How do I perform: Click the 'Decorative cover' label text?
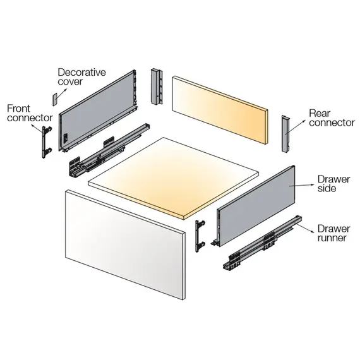point(81,77)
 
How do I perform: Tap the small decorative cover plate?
point(55,99)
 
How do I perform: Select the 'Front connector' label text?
point(30,113)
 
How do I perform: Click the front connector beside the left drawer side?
point(46,142)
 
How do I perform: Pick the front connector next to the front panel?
point(200,236)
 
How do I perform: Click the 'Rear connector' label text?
point(332,117)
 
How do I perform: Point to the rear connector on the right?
point(285,134)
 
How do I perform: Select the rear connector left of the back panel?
point(157,87)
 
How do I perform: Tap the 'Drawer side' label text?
point(333,184)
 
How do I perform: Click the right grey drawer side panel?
point(256,207)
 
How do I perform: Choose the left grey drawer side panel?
point(98,110)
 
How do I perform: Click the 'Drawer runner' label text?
point(333,233)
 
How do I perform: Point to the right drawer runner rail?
point(262,243)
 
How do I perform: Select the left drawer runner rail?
point(109,150)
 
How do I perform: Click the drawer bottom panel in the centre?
point(174,178)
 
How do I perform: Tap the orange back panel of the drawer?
point(220,110)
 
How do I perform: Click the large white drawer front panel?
point(125,244)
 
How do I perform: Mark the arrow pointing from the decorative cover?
point(61,94)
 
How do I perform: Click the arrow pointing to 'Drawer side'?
point(301,186)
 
